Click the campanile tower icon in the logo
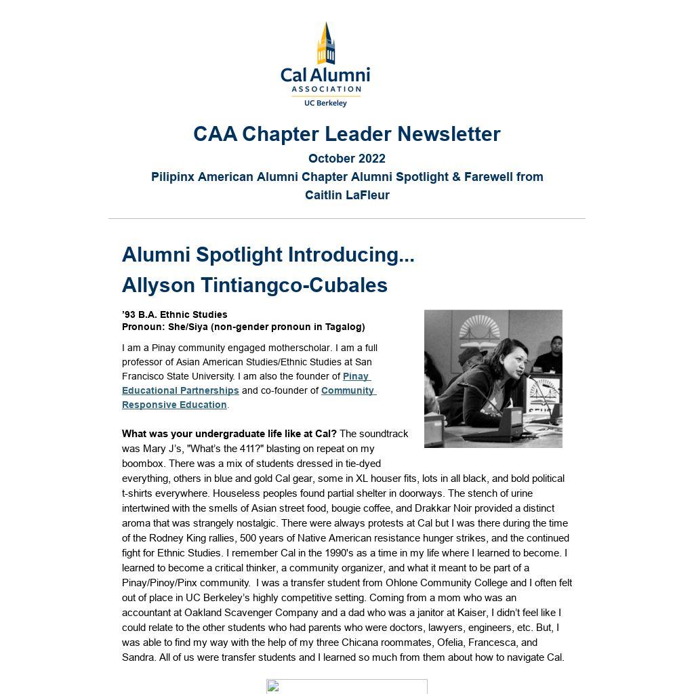pyautogui.click(x=326, y=43)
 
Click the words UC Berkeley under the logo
pyautogui.click(x=325, y=103)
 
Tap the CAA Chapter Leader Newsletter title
pyautogui.click(x=346, y=134)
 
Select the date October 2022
pyautogui.click(x=346, y=159)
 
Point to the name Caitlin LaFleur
pyautogui.click(x=347, y=195)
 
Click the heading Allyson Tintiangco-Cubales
pyautogui.click(x=255, y=285)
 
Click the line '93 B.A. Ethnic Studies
pyautogui.click(x=175, y=314)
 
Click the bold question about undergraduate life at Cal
pyautogui.click(x=229, y=434)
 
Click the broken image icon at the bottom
pyautogui.click(x=273, y=687)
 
